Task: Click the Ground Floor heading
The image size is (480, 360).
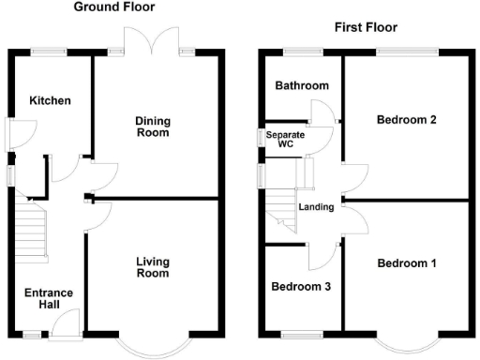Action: [115, 7]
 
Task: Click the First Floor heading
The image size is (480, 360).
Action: [366, 27]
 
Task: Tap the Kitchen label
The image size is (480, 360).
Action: [50, 100]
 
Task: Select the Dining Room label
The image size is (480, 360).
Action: [152, 127]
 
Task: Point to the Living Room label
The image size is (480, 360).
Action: [152, 267]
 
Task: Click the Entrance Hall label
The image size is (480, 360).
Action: [49, 299]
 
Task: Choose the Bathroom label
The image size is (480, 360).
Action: [302, 86]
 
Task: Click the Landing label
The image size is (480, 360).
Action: [316, 207]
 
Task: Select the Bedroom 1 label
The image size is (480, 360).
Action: [407, 263]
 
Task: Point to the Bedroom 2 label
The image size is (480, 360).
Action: [407, 120]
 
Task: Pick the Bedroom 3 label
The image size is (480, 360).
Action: [300, 287]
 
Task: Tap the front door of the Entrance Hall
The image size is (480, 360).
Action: [66, 325]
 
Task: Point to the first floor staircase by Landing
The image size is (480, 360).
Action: [284, 211]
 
